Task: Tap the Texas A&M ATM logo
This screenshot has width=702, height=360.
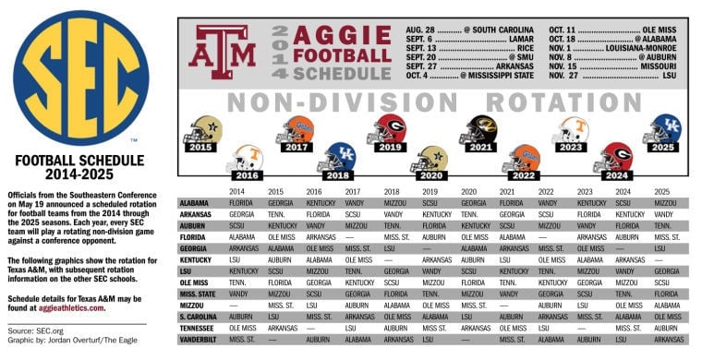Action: [223, 52]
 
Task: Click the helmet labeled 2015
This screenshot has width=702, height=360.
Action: [200, 135]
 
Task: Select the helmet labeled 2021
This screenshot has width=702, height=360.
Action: [478, 135]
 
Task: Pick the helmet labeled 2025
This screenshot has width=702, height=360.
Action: [661, 134]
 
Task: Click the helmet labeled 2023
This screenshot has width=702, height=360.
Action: [570, 135]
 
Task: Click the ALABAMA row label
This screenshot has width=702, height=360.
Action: [194, 202]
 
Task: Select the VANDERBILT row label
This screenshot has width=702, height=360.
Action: [198, 340]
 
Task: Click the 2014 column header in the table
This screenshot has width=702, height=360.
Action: [237, 191]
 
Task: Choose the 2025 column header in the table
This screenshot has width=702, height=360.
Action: [662, 191]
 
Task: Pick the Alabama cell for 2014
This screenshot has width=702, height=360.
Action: [241, 202]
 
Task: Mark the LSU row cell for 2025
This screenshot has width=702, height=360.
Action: [665, 271]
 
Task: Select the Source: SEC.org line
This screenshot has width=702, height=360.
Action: [34, 330]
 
